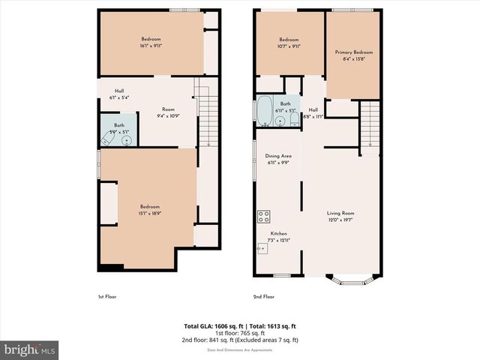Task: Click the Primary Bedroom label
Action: click(x=353, y=52)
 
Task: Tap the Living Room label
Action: click(x=341, y=213)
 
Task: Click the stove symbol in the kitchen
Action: click(x=264, y=217)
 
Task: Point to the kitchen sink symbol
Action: click(x=262, y=246)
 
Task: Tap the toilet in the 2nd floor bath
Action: click(x=294, y=118)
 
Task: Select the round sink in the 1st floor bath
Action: click(x=126, y=139)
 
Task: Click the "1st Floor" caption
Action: click(x=107, y=296)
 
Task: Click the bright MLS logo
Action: click(x=30, y=349)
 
